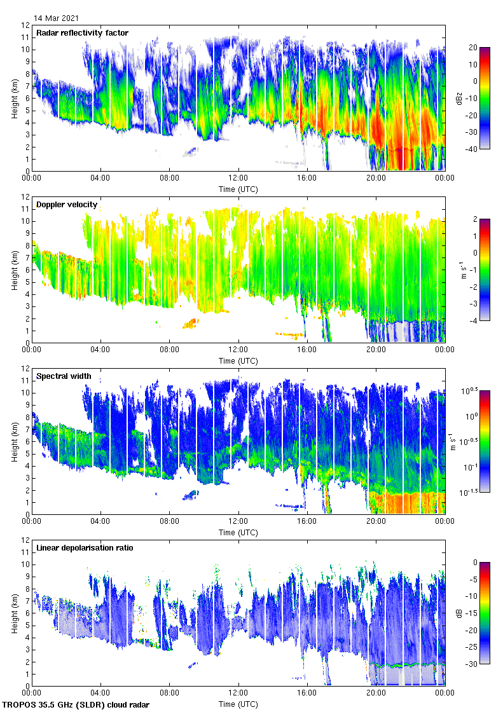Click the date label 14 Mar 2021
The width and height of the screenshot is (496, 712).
[x=58, y=18]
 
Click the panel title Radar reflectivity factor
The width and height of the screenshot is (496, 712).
[x=82, y=33]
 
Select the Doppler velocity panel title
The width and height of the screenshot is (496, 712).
[x=67, y=205]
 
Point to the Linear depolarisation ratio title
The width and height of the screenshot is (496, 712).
[x=85, y=548]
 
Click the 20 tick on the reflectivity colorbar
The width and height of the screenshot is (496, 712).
[x=473, y=48]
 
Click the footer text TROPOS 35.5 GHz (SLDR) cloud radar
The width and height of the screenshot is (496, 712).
[x=76, y=704]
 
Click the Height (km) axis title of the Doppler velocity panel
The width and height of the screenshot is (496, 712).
[x=13, y=270]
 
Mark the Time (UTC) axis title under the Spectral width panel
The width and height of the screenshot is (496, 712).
[x=238, y=532]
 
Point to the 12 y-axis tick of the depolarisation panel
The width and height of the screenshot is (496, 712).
[x=25, y=540]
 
